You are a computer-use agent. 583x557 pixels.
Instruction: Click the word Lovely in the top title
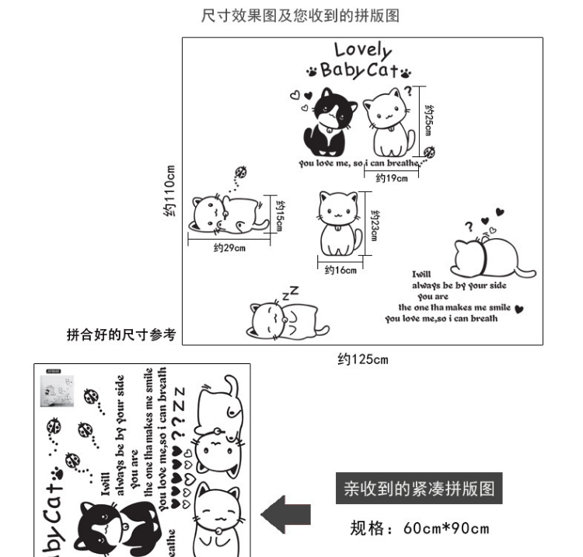click(x=363, y=50)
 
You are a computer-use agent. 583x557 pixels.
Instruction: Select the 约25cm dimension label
click(x=428, y=121)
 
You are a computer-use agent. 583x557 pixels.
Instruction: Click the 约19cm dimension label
click(x=392, y=179)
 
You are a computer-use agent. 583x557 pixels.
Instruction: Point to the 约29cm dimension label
click(x=229, y=248)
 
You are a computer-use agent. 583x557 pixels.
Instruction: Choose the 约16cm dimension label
click(x=340, y=271)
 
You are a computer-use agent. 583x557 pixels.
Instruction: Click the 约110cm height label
click(x=170, y=190)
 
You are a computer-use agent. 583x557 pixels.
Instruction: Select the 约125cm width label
click(x=362, y=359)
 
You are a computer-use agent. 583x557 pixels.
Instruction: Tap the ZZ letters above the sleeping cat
click(x=289, y=293)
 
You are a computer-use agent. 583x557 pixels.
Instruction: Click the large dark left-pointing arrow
click(x=285, y=514)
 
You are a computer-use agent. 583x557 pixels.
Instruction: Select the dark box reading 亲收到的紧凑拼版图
click(x=419, y=489)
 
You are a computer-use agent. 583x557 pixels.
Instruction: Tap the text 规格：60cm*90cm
click(x=419, y=530)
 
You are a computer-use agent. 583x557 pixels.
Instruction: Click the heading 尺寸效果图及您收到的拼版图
click(x=300, y=16)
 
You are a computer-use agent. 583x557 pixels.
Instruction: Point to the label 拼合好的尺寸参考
click(x=122, y=335)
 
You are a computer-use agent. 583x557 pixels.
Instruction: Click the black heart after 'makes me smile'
click(x=519, y=308)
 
